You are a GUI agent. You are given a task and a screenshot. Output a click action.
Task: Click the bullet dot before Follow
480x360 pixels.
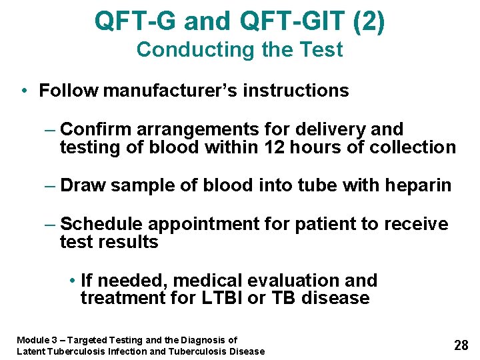click(24, 91)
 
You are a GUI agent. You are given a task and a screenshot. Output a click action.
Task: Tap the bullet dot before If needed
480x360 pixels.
click(71, 281)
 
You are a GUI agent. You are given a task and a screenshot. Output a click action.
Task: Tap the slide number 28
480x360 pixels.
click(461, 345)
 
